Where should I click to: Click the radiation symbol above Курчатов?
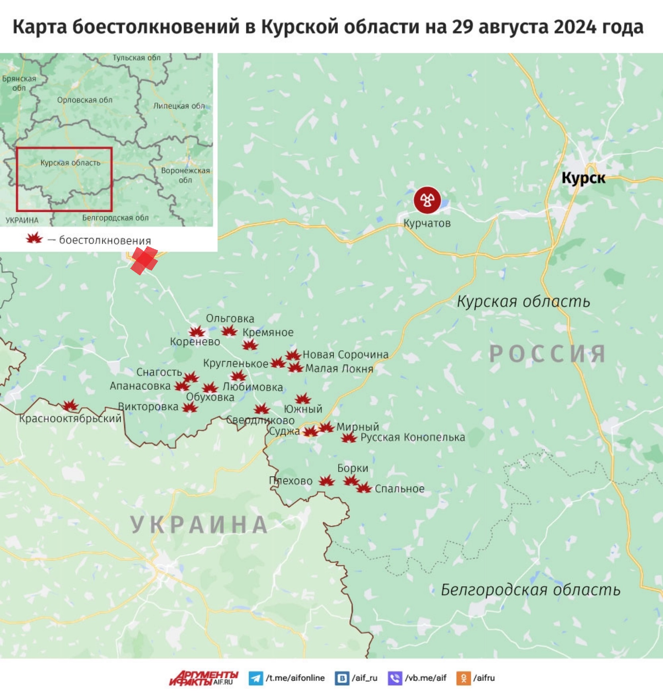coord(427,200)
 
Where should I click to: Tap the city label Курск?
coord(583,178)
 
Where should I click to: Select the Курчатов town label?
coord(427,223)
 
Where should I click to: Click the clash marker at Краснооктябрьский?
coord(70,405)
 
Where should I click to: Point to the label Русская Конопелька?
coord(412,437)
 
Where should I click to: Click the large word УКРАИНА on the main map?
coord(199,525)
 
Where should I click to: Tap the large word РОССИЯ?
coord(548,353)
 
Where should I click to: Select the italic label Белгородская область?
coord(530,590)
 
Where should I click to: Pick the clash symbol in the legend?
coord(34,238)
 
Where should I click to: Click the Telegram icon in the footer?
coord(255,678)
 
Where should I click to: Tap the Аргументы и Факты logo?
coord(203,678)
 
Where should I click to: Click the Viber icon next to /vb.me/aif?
coord(394,678)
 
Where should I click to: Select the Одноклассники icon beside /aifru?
coord(463,678)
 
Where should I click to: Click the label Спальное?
coord(400,489)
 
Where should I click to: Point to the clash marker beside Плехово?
coord(327,481)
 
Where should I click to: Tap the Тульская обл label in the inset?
coord(136,58)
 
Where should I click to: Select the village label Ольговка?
coord(230,318)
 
